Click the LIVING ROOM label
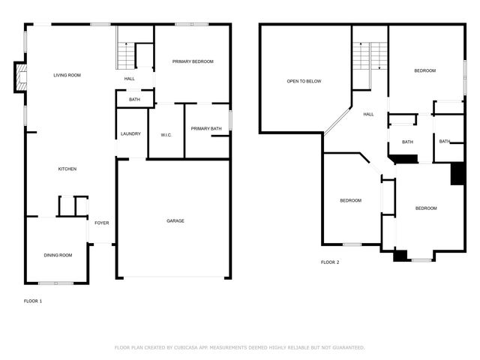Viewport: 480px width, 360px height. (67, 75)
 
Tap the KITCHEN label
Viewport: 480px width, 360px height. (67, 169)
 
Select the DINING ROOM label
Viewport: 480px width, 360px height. (58, 256)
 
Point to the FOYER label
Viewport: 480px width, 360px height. (101, 223)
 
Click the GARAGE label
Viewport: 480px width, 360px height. (175, 220)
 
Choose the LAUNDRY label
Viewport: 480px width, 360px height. (130, 134)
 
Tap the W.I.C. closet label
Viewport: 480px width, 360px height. (166, 135)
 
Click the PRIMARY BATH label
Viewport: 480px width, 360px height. (206, 129)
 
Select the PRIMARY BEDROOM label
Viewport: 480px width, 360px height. (193, 61)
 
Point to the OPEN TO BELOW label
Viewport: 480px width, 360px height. (304, 81)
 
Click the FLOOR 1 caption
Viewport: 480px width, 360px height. (34, 301)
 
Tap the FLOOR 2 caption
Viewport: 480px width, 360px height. (330, 262)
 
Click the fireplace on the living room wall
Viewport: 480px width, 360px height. (21, 77)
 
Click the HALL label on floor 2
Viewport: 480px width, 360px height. (368, 115)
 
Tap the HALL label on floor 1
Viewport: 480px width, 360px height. (129, 78)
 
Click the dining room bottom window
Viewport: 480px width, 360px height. (56, 283)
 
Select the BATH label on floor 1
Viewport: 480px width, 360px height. (134, 100)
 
